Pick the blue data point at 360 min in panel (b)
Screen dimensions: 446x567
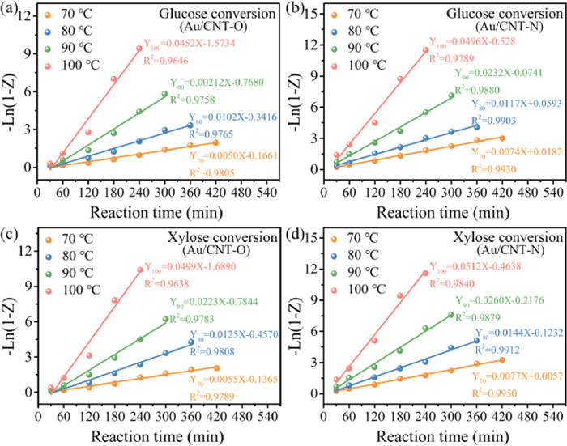click(476, 126)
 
